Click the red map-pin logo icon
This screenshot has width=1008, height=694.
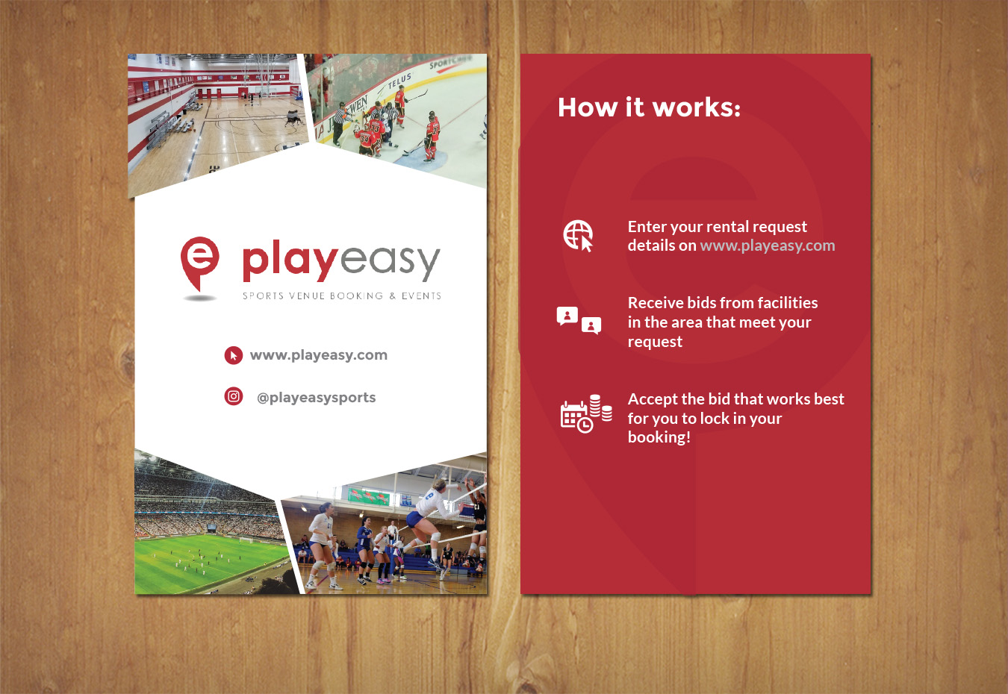coord(199,263)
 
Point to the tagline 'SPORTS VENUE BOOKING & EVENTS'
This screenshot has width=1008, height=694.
coord(341,296)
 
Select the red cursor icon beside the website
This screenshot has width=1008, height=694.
coord(234,355)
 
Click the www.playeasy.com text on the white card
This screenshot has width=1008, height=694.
coord(319,355)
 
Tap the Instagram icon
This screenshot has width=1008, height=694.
coord(234,396)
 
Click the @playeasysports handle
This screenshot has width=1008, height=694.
coord(316,398)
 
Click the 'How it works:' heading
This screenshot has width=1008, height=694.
coord(649,107)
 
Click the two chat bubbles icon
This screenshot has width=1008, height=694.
coord(579,319)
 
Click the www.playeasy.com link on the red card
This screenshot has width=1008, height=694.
coord(767,246)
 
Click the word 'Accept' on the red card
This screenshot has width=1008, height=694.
coord(652,399)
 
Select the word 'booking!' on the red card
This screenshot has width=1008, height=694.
coord(659,437)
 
